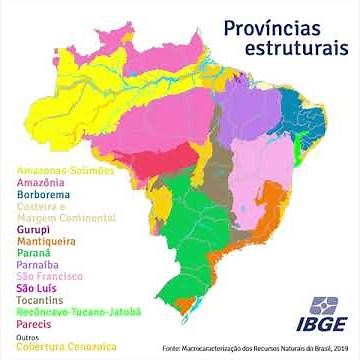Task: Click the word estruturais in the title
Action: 291,48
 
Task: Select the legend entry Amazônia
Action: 41,183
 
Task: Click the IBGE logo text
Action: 322,325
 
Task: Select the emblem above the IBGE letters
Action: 323,304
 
